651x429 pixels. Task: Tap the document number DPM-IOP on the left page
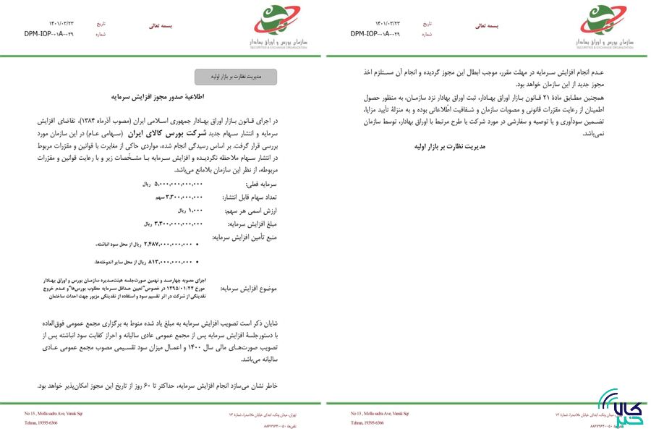[48, 34]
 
